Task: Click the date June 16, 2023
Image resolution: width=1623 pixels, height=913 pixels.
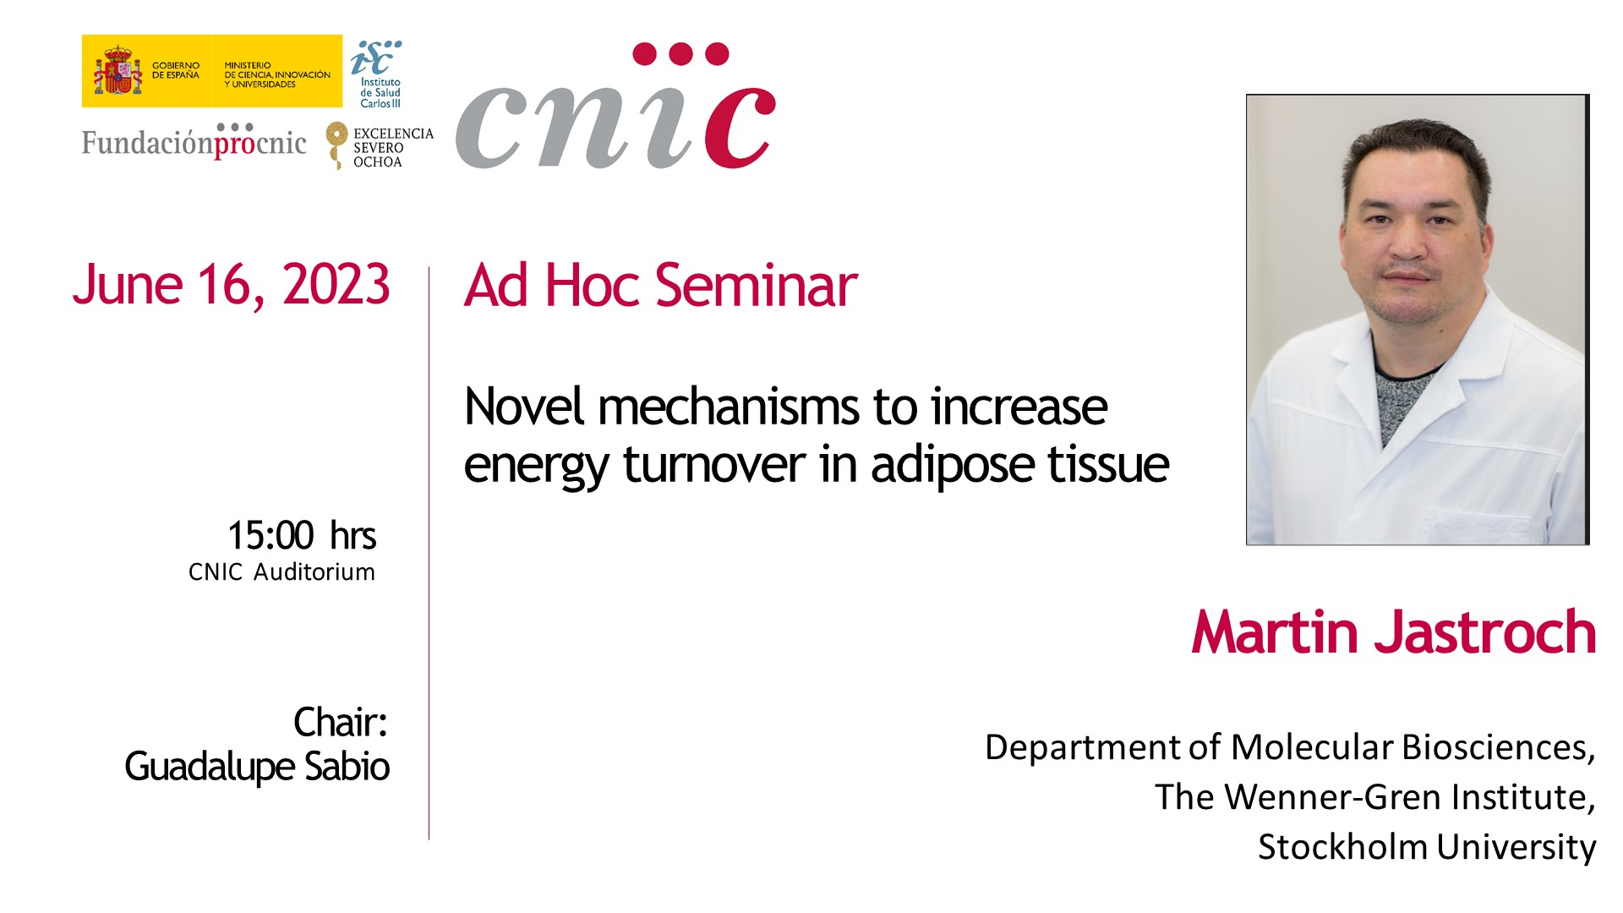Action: coord(231,286)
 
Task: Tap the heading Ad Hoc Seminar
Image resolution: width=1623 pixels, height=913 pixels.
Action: coord(660,286)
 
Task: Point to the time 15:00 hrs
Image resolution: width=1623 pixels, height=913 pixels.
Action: coord(302,535)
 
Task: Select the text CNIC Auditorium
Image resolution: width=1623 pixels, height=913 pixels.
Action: coord(281,572)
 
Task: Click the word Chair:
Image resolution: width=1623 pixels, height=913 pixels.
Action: coord(340,723)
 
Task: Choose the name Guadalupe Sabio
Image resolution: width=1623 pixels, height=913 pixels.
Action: coord(257,767)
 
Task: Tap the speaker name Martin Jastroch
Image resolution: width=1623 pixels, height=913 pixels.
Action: coord(1394,632)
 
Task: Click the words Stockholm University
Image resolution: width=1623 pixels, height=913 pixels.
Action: coord(1427,847)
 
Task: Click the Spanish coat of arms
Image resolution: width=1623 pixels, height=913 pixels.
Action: coord(117,71)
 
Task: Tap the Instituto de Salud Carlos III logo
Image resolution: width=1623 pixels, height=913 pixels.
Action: coord(377,74)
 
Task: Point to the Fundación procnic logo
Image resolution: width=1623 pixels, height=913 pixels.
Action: coord(194,141)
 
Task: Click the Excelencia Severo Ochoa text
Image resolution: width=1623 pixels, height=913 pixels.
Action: coord(393,147)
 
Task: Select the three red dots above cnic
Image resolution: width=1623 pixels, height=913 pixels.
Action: coord(680,54)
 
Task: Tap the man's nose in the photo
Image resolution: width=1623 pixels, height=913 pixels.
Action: coord(1407,241)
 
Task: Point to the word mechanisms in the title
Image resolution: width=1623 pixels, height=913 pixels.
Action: coord(730,407)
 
